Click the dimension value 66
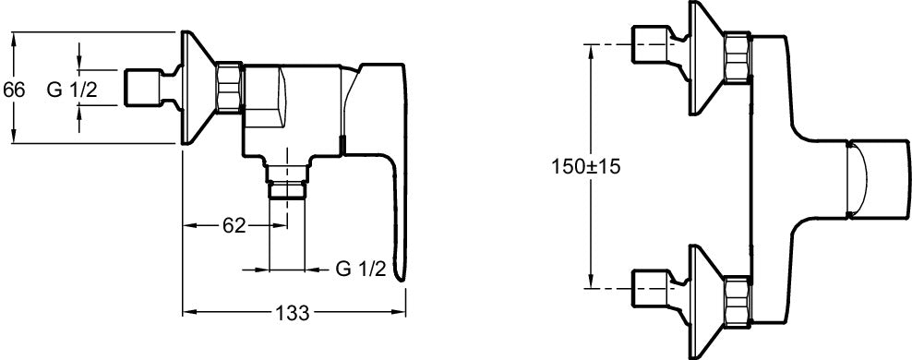13,90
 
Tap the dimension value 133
293,312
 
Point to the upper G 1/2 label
72,90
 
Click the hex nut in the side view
230,89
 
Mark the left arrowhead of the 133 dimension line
185,312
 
